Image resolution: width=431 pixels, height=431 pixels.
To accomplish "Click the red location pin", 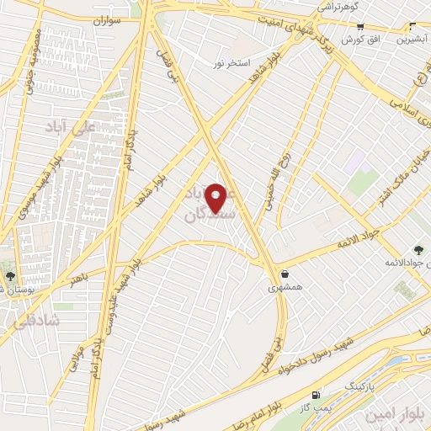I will [x=218, y=198].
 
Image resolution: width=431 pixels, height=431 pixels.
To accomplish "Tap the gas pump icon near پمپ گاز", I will [x=317, y=394].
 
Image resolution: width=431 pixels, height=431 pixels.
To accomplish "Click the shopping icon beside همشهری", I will [x=285, y=273].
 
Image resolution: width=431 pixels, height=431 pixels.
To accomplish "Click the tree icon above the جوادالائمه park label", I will [x=418, y=248].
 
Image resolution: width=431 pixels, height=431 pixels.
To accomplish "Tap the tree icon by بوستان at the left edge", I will [x=9, y=275].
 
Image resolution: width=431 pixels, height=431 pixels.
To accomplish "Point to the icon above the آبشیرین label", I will [x=412, y=25].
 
